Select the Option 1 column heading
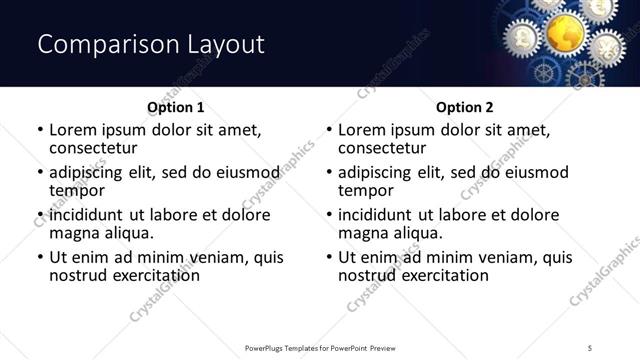click(x=175, y=106)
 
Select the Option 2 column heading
click(x=464, y=106)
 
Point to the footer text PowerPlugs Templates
click(x=290, y=348)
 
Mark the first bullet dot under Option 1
click(x=40, y=130)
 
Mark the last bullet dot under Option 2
click(x=329, y=257)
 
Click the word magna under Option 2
click(x=363, y=233)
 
